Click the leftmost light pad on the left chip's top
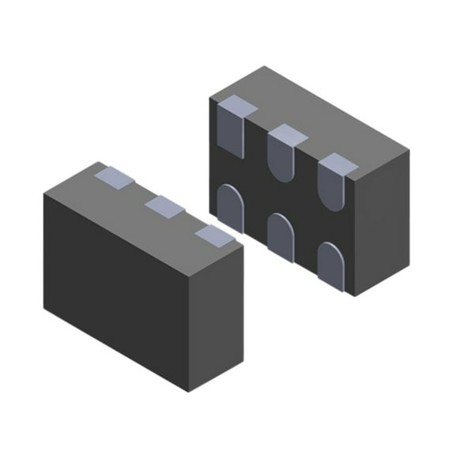115,176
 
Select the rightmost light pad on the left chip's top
214,235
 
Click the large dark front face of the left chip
118,284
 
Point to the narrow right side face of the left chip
219,316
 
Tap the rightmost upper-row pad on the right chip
334,182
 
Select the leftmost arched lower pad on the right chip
230,207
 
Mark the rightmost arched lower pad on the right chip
331,265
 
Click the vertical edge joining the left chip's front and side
191,332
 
